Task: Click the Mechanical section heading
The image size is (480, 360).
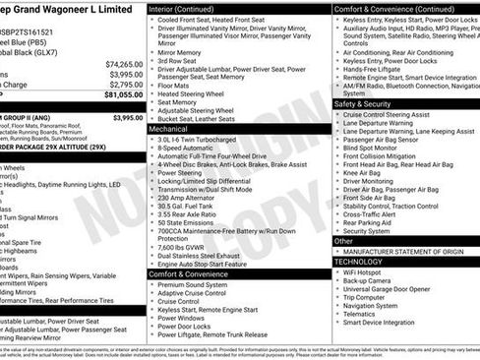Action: [x=168, y=129]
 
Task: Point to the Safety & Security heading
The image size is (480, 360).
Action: [x=363, y=103]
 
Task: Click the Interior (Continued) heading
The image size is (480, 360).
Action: [x=189, y=9]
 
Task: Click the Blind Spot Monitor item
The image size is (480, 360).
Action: [x=376, y=148]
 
